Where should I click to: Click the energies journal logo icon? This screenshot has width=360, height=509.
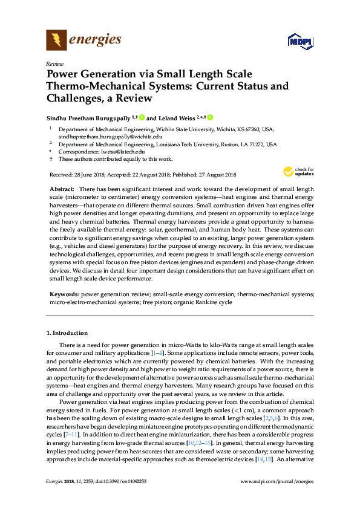coord(56,41)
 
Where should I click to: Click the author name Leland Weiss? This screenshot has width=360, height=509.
coord(179,117)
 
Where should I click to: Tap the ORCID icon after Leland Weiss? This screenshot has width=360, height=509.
coord(211,117)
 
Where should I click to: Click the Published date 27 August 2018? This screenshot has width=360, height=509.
coord(214,175)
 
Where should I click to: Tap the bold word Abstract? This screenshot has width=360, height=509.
coord(62,189)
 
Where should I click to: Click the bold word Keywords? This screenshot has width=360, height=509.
coord(64,294)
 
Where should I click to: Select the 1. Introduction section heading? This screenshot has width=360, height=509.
coord(67,333)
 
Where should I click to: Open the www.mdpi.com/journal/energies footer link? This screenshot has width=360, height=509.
coord(277,498)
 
